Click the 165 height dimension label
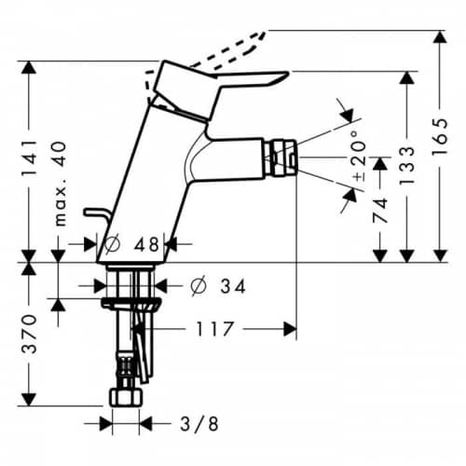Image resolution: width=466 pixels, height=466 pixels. tap(440, 136)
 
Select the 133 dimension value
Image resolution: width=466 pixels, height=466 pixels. tap(406, 165)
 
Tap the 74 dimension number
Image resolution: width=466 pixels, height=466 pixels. tap(380, 211)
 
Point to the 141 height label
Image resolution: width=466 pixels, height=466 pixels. tap(29, 158)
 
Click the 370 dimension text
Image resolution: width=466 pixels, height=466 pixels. tap(29, 334)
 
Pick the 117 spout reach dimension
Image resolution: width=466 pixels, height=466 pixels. tap(214, 329)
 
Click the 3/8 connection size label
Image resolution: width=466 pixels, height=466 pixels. tap(199, 423)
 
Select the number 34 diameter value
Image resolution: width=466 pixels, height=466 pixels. tap(233, 286)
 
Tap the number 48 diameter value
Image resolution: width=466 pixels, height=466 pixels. tap(146, 244)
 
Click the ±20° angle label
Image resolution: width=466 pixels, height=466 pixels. tap(359, 155)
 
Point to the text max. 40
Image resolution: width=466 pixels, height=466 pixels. tap(61, 184)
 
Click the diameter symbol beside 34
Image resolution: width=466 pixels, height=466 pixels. tap(199, 285)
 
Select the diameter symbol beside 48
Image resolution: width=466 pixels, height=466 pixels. tap(112, 244)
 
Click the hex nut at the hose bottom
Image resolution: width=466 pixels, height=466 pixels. tap(126, 397)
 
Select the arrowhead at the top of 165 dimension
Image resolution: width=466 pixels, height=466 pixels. tap(440, 37)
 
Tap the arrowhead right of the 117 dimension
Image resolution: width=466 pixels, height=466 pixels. tap(290, 329)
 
